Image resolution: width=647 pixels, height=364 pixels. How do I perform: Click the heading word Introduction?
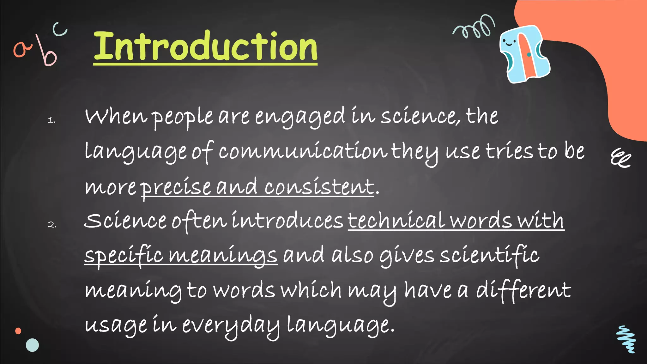click(205, 47)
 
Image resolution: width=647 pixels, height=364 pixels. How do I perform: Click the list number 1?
click(51, 120)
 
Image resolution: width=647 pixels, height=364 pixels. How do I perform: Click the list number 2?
click(52, 225)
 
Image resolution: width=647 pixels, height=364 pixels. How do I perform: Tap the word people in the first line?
click(183, 118)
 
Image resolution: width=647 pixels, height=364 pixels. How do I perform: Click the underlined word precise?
click(176, 187)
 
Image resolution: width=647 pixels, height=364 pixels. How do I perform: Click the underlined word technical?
click(396, 221)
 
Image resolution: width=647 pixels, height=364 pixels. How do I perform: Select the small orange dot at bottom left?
click(18, 331)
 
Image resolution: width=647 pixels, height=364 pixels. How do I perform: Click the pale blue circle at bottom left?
click(32, 345)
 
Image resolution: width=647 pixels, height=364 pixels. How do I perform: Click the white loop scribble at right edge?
click(620, 158)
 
